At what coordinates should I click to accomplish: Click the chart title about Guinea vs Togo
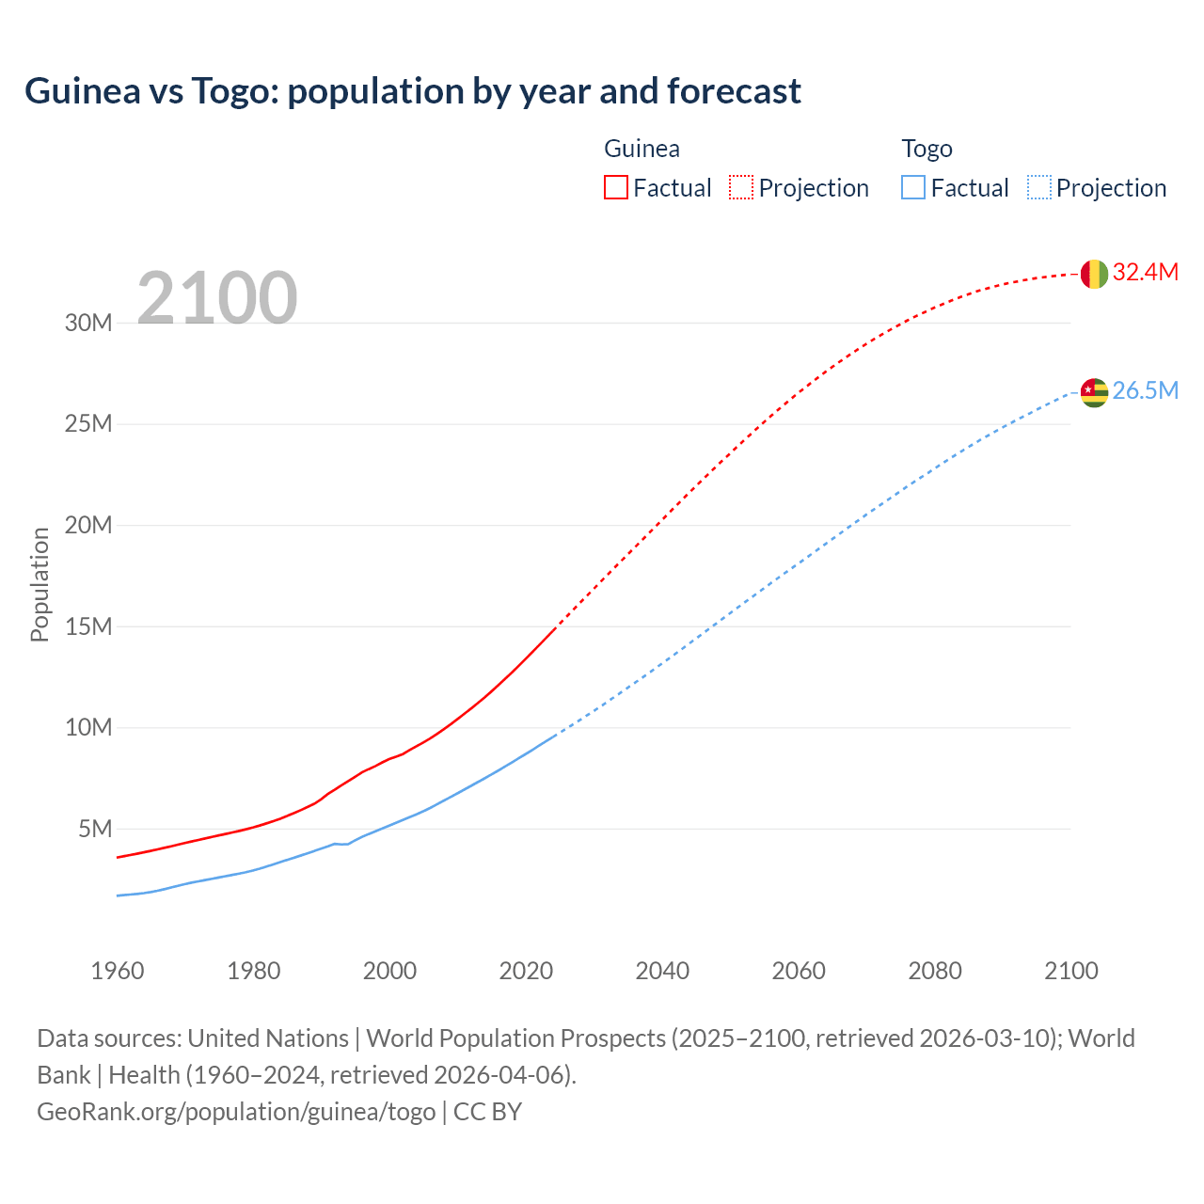click(412, 91)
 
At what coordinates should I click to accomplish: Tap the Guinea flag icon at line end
click(1093, 274)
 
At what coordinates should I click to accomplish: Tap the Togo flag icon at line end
click(1093, 392)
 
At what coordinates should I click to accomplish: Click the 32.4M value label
click(1145, 273)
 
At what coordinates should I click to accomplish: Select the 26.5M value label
click(1145, 391)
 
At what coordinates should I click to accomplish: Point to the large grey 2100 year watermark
click(217, 299)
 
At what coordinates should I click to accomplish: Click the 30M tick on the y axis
click(88, 324)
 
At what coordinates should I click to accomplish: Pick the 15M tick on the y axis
click(88, 626)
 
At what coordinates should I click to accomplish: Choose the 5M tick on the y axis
click(95, 829)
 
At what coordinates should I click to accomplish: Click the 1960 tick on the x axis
click(118, 971)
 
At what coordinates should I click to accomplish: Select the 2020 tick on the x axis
click(526, 971)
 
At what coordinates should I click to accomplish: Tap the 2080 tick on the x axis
click(935, 971)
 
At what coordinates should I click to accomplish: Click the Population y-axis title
click(40, 584)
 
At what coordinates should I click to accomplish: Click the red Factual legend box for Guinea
click(615, 187)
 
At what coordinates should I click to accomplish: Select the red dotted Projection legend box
click(740, 187)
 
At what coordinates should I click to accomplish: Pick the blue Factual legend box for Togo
click(912, 187)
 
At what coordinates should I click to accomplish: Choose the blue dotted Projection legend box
click(1038, 187)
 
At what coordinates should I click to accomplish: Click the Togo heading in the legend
click(927, 149)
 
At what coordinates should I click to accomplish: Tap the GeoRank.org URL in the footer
click(236, 1112)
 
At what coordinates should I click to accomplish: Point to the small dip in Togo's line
click(342, 844)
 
